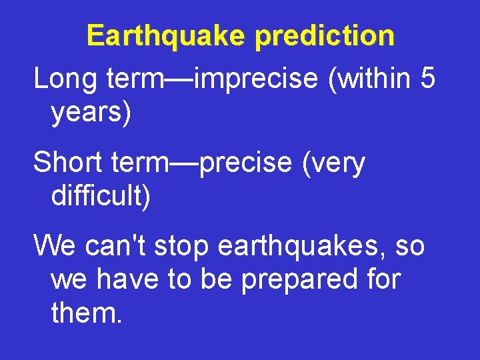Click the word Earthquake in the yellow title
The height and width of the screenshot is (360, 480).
click(x=167, y=36)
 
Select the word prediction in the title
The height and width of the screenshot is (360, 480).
click(x=325, y=36)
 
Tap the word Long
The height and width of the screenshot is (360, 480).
click(x=65, y=79)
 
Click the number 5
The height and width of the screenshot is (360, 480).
click(x=427, y=78)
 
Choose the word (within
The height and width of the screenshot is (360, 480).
click(x=369, y=79)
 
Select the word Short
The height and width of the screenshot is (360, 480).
click(x=70, y=162)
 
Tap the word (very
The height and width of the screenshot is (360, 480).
click(x=334, y=163)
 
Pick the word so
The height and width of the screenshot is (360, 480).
click(x=409, y=247)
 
